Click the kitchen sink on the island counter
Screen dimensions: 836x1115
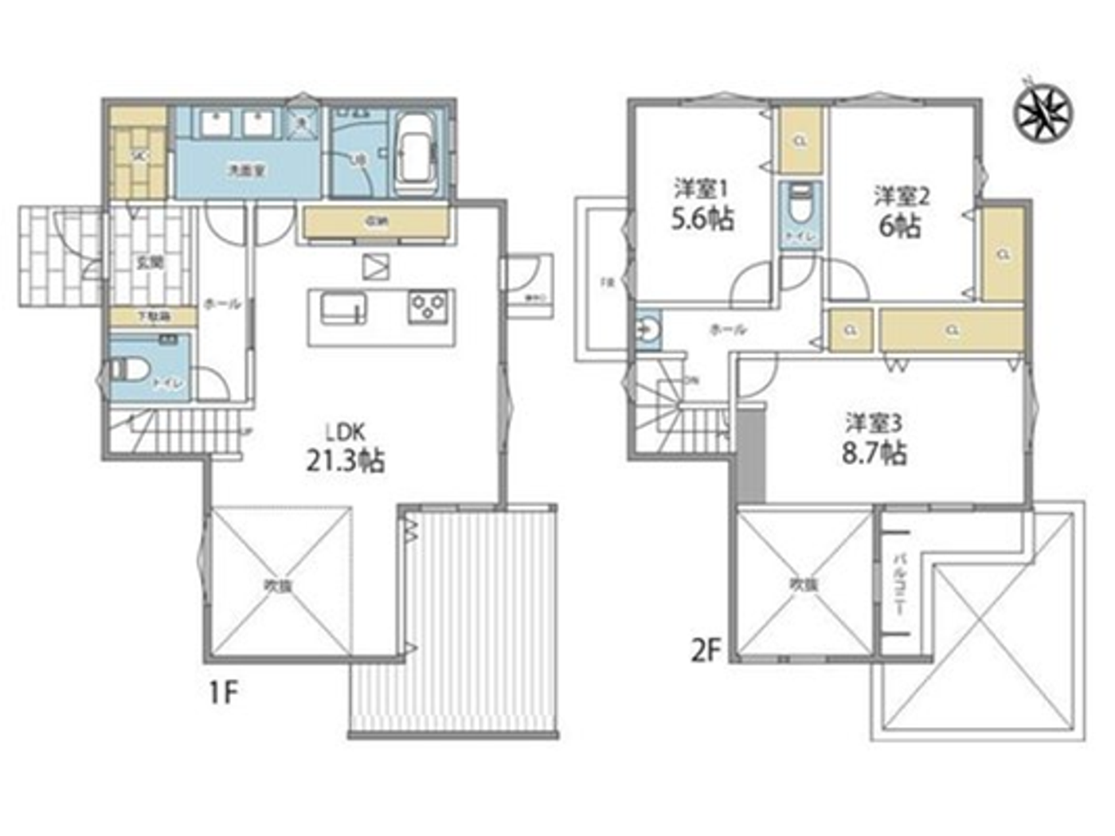(343, 308)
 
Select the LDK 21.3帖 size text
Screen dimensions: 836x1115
(345, 460)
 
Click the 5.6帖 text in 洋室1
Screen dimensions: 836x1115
(701, 218)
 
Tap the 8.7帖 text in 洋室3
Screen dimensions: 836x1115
(874, 453)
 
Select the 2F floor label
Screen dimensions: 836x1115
(706, 651)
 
